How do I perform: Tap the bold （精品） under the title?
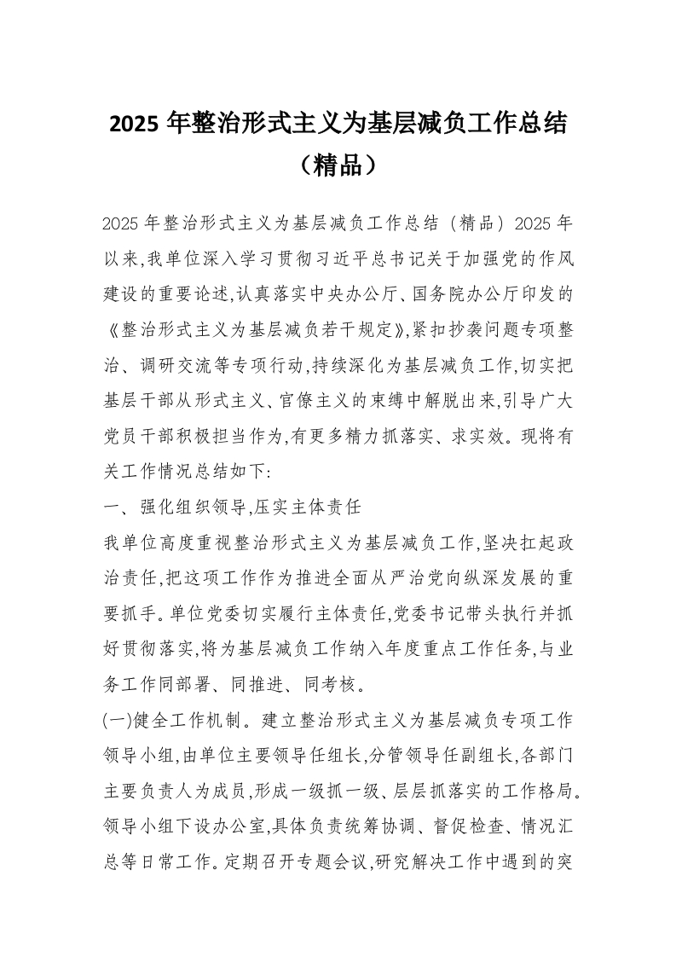tap(338, 164)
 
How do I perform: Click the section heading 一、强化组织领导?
tap(170, 507)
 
